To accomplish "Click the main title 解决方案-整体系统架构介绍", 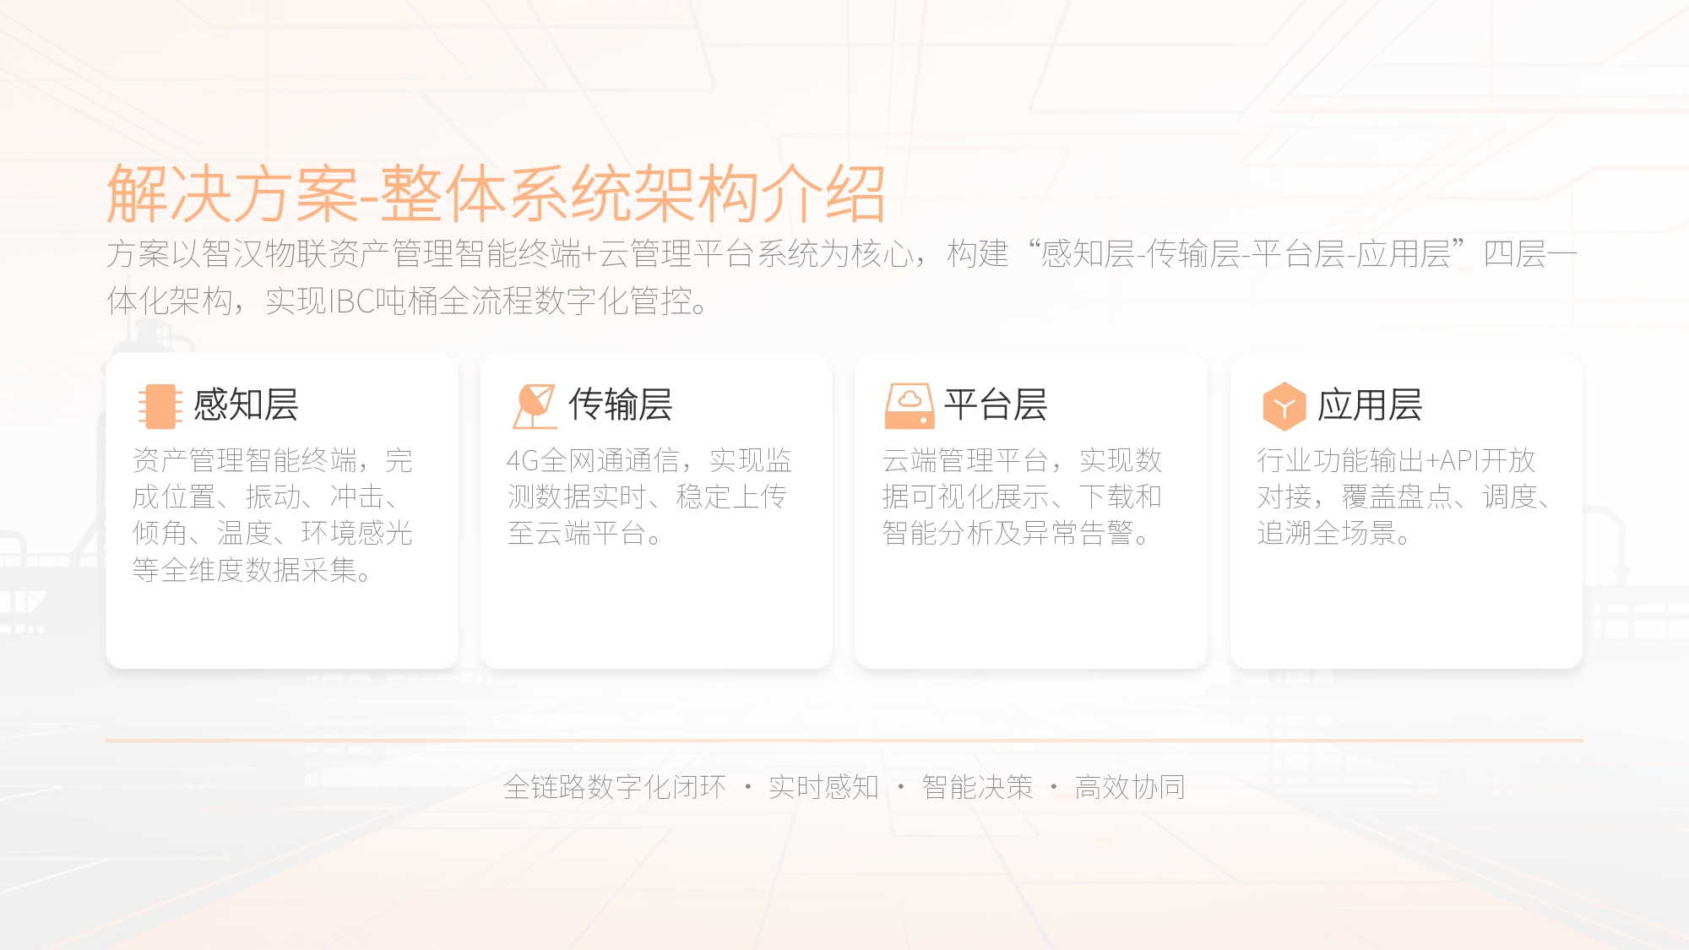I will (x=496, y=193).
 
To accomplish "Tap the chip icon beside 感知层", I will (x=160, y=406).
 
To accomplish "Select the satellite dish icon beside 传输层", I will (x=535, y=406).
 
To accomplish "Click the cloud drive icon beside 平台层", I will (x=910, y=406).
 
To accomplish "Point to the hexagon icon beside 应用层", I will (x=1284, y=406).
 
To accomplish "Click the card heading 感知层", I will (x=246, y=404).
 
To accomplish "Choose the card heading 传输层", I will (x=621, y=404).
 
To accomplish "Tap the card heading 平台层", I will (x=996, y=404).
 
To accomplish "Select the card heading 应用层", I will (x=1370, y=404).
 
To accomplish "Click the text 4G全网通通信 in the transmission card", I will (x=593, y=460).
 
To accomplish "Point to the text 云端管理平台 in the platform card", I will (x=965, y=460).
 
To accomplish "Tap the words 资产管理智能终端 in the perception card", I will (x=245, y=460).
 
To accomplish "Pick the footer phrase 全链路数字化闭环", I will (x=614, y=787).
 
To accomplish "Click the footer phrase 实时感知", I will (x=823, y=787).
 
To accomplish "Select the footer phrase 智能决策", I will (x=977, y=787).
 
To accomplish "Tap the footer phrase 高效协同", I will (x=1130, y=787).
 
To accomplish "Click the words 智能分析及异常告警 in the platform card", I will (x=1007, y=533).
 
